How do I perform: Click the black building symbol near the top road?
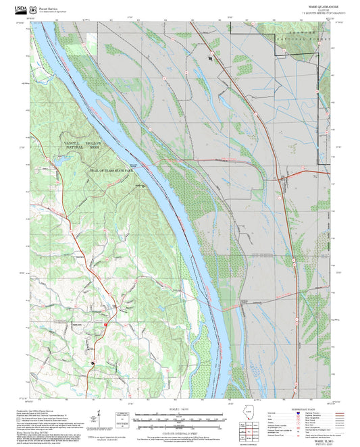click(210, 58)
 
